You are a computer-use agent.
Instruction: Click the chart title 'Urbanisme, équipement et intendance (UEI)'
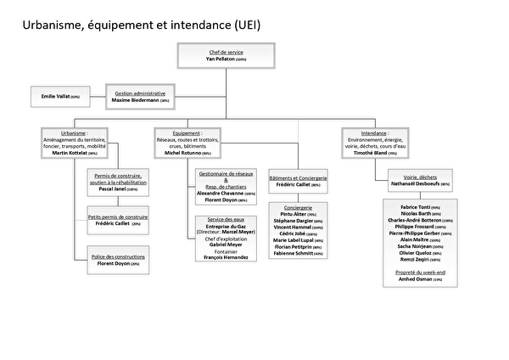(x=140, y=25)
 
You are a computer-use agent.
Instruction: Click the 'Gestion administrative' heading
(x=141, y=93)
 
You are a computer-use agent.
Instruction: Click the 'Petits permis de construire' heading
(x=118, y=217)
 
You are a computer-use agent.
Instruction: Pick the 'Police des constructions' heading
(x=118, y=256)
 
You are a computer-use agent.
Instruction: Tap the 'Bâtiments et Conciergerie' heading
(x=298, y=178)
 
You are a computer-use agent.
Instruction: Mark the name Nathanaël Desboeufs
(x=410, y=183)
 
